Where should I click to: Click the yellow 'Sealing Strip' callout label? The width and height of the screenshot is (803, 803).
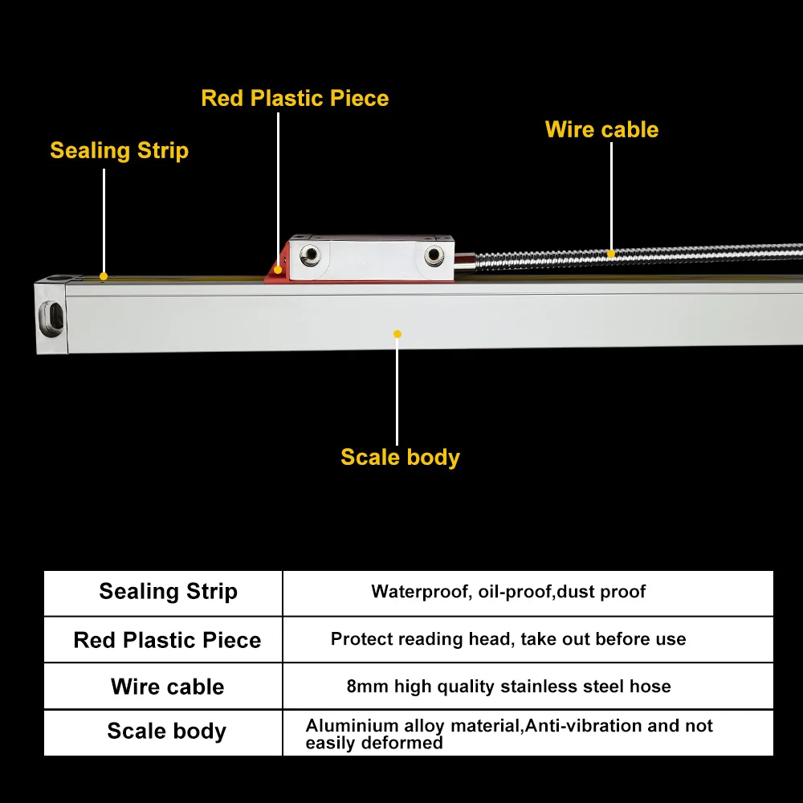tap(119, 151)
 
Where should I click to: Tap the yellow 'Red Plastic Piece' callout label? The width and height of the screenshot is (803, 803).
tap(295, 99)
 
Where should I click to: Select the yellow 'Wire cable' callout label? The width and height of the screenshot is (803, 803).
tap(601, 130)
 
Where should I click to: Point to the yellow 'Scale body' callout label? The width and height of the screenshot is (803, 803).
tap(400, 458)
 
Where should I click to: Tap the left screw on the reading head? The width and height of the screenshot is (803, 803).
tap(308, 257)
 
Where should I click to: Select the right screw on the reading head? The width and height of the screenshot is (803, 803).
tap(434, 257)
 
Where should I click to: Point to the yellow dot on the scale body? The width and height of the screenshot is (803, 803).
tap(397, 333)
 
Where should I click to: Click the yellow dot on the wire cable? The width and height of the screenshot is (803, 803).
tap(611, 254)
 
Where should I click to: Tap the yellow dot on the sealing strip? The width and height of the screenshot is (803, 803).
tap(104, 276)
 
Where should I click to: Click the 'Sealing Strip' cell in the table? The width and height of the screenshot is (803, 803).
tap(168, 592)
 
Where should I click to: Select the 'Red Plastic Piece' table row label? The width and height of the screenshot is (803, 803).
tap(167, 640)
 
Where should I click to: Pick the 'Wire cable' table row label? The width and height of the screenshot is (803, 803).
tap(167, 687)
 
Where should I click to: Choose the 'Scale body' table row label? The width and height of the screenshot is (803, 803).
tap(167, 732)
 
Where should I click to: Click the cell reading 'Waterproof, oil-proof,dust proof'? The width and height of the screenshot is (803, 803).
tap(508, 593)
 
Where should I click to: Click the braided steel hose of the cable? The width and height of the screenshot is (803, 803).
tap(683, 251)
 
